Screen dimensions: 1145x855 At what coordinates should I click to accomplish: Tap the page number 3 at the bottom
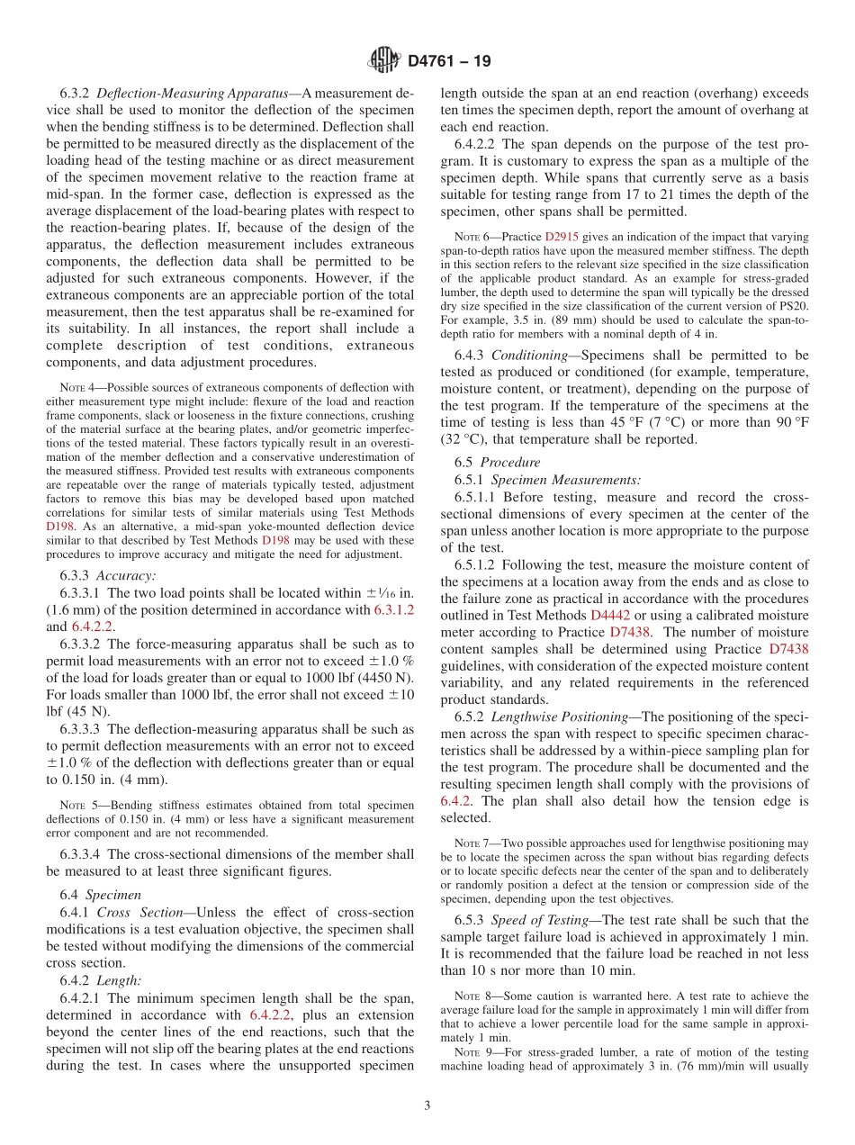point(427,1105)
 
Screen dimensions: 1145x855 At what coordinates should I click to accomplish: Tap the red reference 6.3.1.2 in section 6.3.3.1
point(394,609)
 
